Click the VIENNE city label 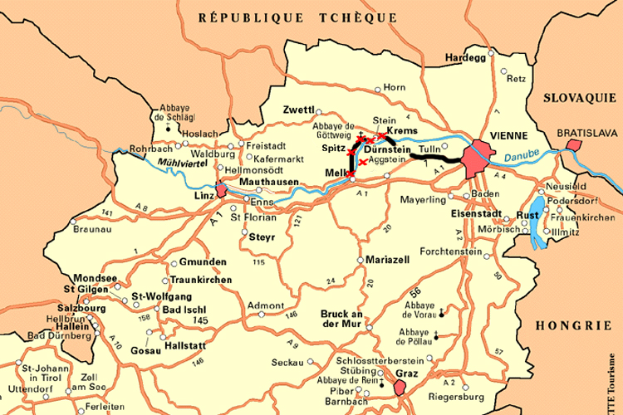(509, 134)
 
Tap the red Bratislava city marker (573, 145)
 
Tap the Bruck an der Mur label (343, 320)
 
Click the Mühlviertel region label (179, 164)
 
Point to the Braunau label (92, 228)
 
